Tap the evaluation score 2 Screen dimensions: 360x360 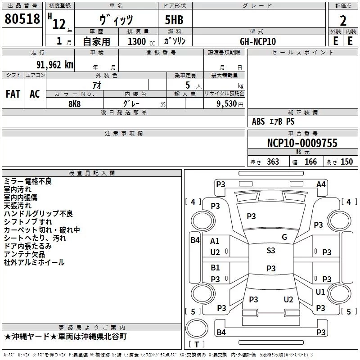(x=343, y=20)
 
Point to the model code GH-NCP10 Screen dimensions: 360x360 (x=258, y=41)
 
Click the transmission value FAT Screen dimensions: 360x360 (x=13, y=94)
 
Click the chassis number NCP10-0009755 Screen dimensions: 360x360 (x=302, y=144)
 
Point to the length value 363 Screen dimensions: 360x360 (x=273, y=162)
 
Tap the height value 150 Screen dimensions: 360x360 (x=346, y=162)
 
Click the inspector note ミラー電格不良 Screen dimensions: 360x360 (x=28, y=181)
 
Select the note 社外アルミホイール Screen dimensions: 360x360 (x=34, y=262)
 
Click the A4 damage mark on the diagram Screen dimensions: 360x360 (x=321, y=184)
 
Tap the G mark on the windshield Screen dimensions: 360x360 (x=284, y=237)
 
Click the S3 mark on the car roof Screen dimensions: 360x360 (x=271, y=251)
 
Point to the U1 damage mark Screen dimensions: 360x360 (x=320, y=292)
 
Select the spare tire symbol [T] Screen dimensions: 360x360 (x=197, y=344)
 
